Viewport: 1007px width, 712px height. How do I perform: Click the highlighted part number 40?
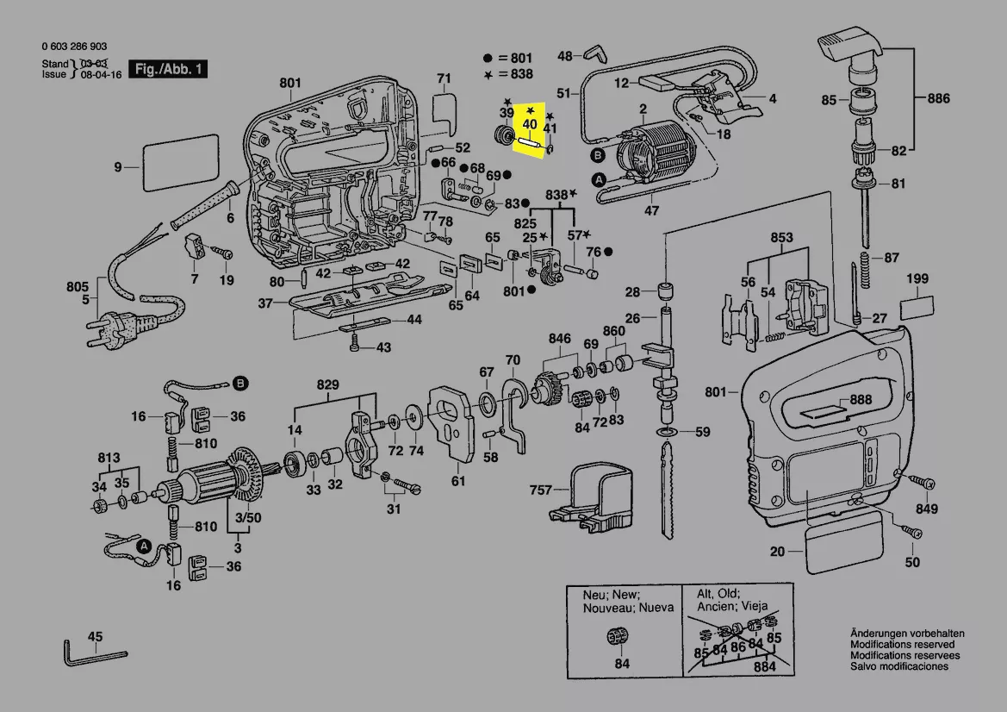[530, 124]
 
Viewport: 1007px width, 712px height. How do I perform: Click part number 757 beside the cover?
[541, 490]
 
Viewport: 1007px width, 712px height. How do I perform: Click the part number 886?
[939, 99]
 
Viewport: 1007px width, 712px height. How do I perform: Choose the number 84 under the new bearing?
[622, 664]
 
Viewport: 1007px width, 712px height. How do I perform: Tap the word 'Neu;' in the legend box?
[596, 595]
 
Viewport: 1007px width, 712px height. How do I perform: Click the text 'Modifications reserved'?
[902, 645]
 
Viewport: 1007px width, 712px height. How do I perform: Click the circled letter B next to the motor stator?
[598, 155]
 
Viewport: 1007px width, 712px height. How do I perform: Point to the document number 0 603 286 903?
[74, 47]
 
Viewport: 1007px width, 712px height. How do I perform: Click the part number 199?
[917, 280]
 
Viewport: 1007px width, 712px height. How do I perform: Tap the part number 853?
[781, 237]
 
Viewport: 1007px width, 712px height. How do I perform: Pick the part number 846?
[560, 338]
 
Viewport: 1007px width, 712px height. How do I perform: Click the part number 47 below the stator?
[652, 210]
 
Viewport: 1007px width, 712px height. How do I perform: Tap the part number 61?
[458, 481]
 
